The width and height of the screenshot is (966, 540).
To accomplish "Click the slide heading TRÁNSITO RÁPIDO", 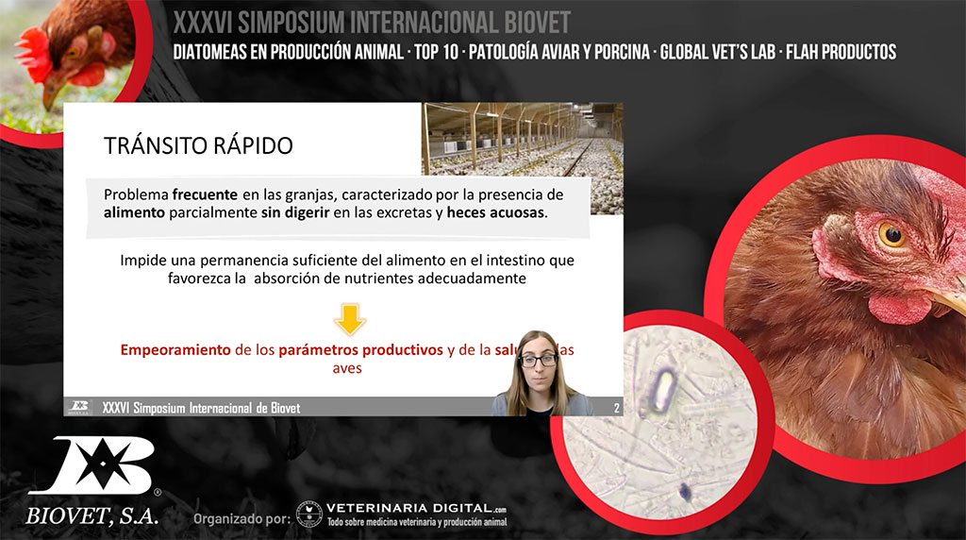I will [x=198, y=145].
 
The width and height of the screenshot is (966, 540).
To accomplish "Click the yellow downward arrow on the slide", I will [x=350, y=319].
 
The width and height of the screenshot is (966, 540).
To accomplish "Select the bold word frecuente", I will [x=205, y=194].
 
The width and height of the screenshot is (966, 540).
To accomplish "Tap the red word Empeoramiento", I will [x=175, y=349].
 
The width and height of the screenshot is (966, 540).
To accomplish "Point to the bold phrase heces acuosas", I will [x=495, y=212].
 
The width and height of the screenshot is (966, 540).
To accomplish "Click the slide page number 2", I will [x=616, y=408].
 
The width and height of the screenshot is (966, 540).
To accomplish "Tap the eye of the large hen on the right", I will [x=891, y=233].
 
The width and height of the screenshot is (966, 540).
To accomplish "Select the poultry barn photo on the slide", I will [x=522, y=139].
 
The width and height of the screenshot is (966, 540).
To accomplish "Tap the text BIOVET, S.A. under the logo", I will [x=92, y=516].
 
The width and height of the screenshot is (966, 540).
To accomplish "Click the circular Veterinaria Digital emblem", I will [x=308, y=514].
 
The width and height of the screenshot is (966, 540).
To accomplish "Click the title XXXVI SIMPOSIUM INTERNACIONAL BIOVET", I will [x=372, y=22].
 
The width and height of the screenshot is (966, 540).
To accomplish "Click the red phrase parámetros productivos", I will [x=360, y=349].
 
